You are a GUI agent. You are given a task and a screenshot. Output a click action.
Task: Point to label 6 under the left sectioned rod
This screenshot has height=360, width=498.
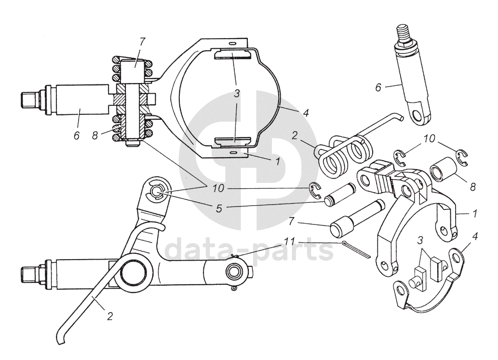pos(76,136)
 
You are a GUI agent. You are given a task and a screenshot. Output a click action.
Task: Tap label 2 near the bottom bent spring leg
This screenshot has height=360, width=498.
pos(110,317)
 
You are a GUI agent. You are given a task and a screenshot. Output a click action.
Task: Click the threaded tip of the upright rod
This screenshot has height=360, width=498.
pos(403,33)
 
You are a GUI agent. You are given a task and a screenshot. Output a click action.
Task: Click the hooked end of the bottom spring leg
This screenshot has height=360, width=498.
pos(60,338)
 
